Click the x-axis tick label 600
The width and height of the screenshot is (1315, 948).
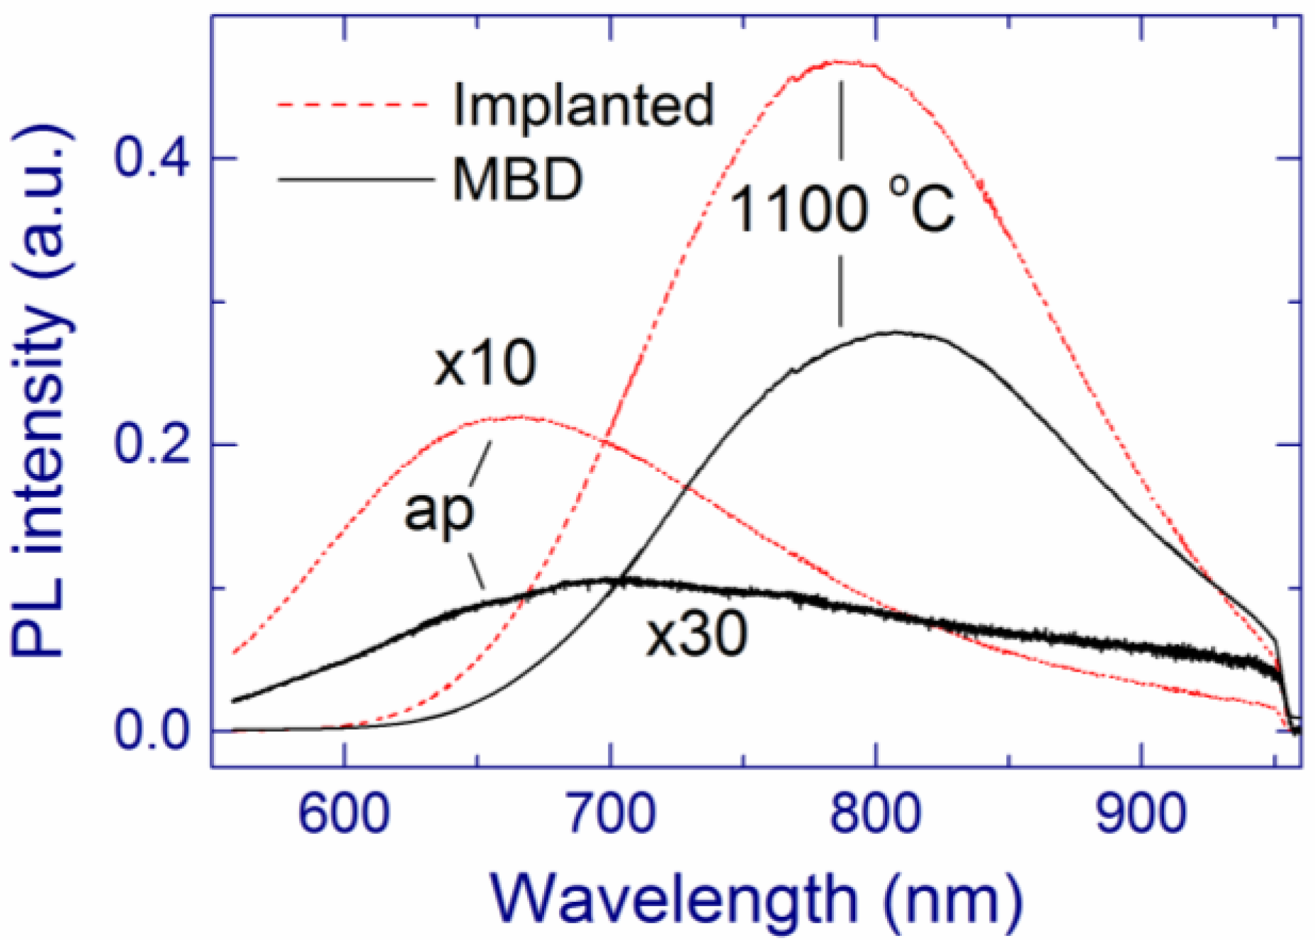pyautogui.click(x=344, y=814)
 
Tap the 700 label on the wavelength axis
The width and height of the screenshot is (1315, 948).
pyautogui.click(x=609, y=814)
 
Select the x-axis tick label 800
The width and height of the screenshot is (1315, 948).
pyautogui.click(x=876, y=814)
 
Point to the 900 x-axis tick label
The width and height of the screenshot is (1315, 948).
pyautogui.click(x=1141, y=814)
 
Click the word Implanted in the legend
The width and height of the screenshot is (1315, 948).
pyautogui.click(x=583, y=105)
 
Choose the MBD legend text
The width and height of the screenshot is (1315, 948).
pyautogui.click(x=518, y=179)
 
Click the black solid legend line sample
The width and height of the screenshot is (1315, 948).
pyautogui.click(x=354, y=179)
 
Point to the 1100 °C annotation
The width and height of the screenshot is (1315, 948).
pyautogui.click(x=841, y=209)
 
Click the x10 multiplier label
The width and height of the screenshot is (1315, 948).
pyautogui.click(x=485, y=363)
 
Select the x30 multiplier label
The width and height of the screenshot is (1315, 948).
pyautogui.click(x=696, y=634)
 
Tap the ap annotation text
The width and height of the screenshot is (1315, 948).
pyautogui.click(x=439, y=512)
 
